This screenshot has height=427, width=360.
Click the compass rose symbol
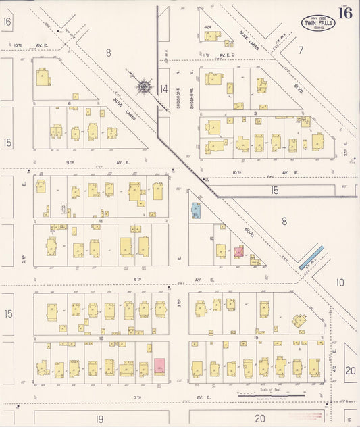pos(144,86)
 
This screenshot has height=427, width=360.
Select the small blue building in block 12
pos(196,210)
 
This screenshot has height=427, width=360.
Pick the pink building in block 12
pos(238,251)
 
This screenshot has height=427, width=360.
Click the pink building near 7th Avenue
pos(159,366)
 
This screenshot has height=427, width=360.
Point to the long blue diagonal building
pos(311,257)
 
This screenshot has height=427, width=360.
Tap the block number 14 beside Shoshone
pos(163,89)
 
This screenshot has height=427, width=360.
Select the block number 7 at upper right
pos(301,49)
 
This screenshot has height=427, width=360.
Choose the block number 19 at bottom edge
pos(99,419)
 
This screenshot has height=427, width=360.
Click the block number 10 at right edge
pos(340,282)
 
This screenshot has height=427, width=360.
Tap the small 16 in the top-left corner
pos(7,22)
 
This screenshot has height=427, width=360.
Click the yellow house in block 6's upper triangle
pos(43,77)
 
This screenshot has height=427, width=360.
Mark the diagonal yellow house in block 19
pos(298,320)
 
